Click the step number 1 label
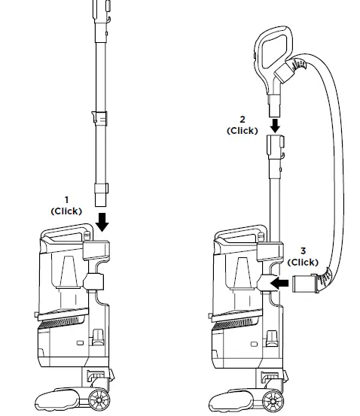click(66, 201)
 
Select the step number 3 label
click(304, 251)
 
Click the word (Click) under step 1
click(66, 211)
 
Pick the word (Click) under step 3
click(304, 262)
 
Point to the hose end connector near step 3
click(304, 285)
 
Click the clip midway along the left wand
click(99, 119)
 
